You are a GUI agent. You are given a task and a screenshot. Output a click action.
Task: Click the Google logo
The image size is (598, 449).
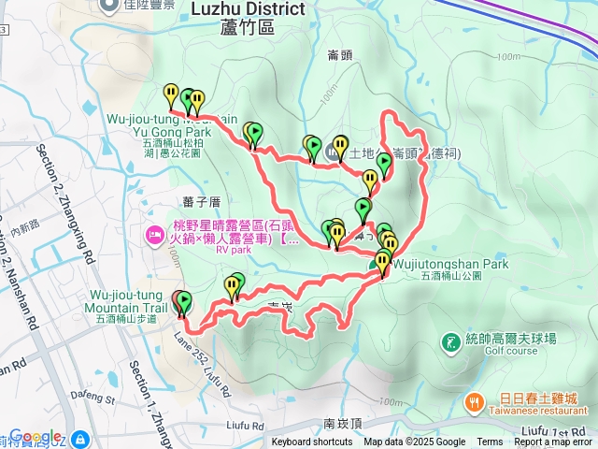tap(36, 437)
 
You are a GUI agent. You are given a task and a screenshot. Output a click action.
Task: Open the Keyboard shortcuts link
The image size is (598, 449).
tap(312, 442)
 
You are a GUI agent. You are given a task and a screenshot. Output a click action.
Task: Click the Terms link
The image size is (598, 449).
tap(490, 442)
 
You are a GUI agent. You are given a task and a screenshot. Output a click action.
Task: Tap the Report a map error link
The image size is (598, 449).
tap(554, 442)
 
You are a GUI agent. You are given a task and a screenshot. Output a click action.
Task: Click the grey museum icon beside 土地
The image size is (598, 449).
tap(338, 148)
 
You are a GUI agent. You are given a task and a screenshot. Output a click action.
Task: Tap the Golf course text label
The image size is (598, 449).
tap(510, 352)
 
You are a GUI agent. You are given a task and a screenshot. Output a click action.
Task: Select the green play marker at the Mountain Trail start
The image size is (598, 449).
tap(184, 301)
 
